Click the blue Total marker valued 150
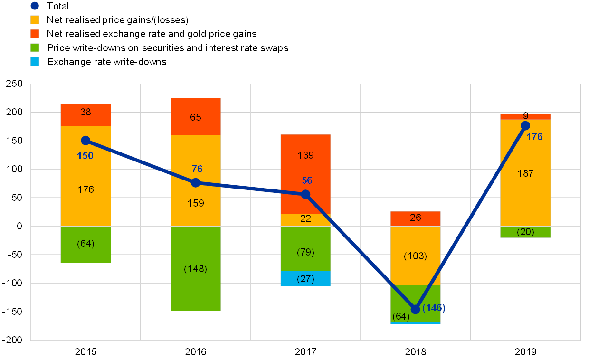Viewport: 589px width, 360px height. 85,140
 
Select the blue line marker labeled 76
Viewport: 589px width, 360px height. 196,183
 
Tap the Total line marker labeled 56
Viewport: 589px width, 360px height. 305,194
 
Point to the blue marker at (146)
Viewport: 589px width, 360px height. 416,309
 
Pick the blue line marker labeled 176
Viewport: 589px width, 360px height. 525,126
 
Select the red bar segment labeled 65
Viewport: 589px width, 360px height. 196,117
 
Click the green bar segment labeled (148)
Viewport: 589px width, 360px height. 196,268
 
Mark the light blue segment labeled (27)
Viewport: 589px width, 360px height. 305,279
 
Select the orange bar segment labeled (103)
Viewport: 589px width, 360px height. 416,256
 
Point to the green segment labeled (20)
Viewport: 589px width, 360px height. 525,232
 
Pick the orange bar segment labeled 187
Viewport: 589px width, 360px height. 525,173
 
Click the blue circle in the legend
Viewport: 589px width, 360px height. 35,6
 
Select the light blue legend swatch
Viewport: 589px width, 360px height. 35,62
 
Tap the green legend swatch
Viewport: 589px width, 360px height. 35,48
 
